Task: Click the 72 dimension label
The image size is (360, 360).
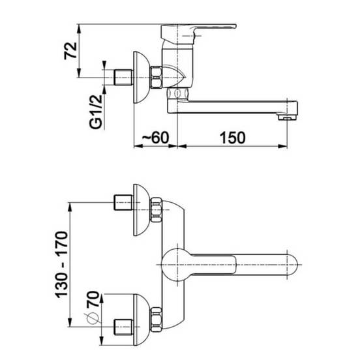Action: coord(70,51)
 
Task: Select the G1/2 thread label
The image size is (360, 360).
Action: coord(95,112)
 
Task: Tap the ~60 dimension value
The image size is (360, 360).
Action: coord(156,138)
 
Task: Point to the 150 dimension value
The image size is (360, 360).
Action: coord(232,138)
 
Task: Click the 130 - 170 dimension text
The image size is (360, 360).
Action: coord(62,265)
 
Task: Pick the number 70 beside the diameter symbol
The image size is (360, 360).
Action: coord(93,299)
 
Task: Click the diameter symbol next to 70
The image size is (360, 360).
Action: coord(93,318)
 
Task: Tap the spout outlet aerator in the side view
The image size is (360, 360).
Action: coord(287,117)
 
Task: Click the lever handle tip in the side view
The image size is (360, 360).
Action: coord(234,25)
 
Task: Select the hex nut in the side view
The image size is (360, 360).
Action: coord(156,78)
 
